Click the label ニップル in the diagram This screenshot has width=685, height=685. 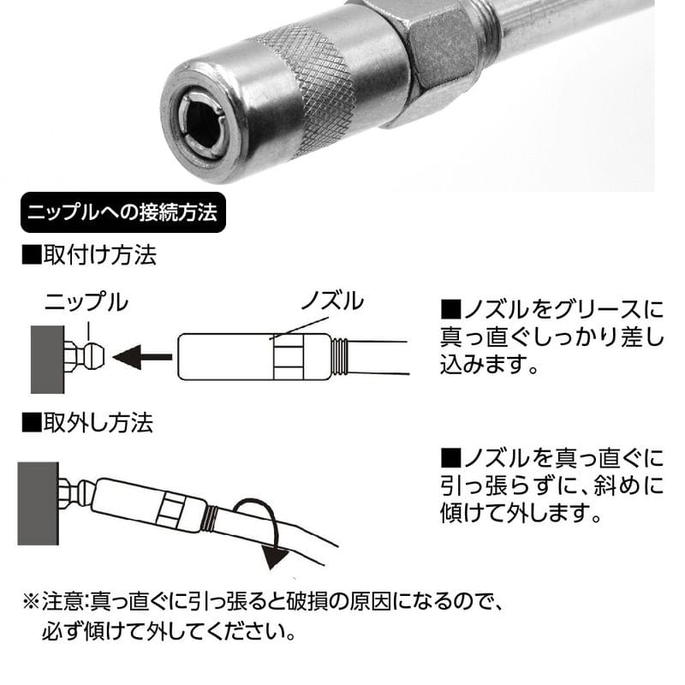pyautogui.click(x=86, y=301)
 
